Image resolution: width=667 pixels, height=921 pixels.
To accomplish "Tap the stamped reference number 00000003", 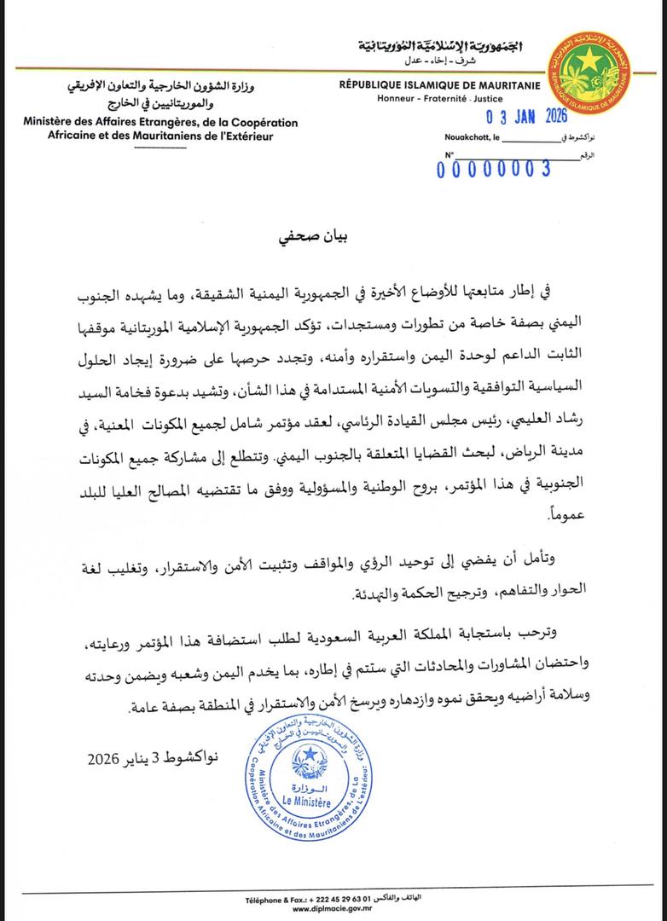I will (x=493, y=168).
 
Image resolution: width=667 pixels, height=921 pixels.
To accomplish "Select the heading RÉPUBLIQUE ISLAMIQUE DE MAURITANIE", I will (x=432, y=85).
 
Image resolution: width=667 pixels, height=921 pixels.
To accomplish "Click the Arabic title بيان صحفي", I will (x=333, y=235).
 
